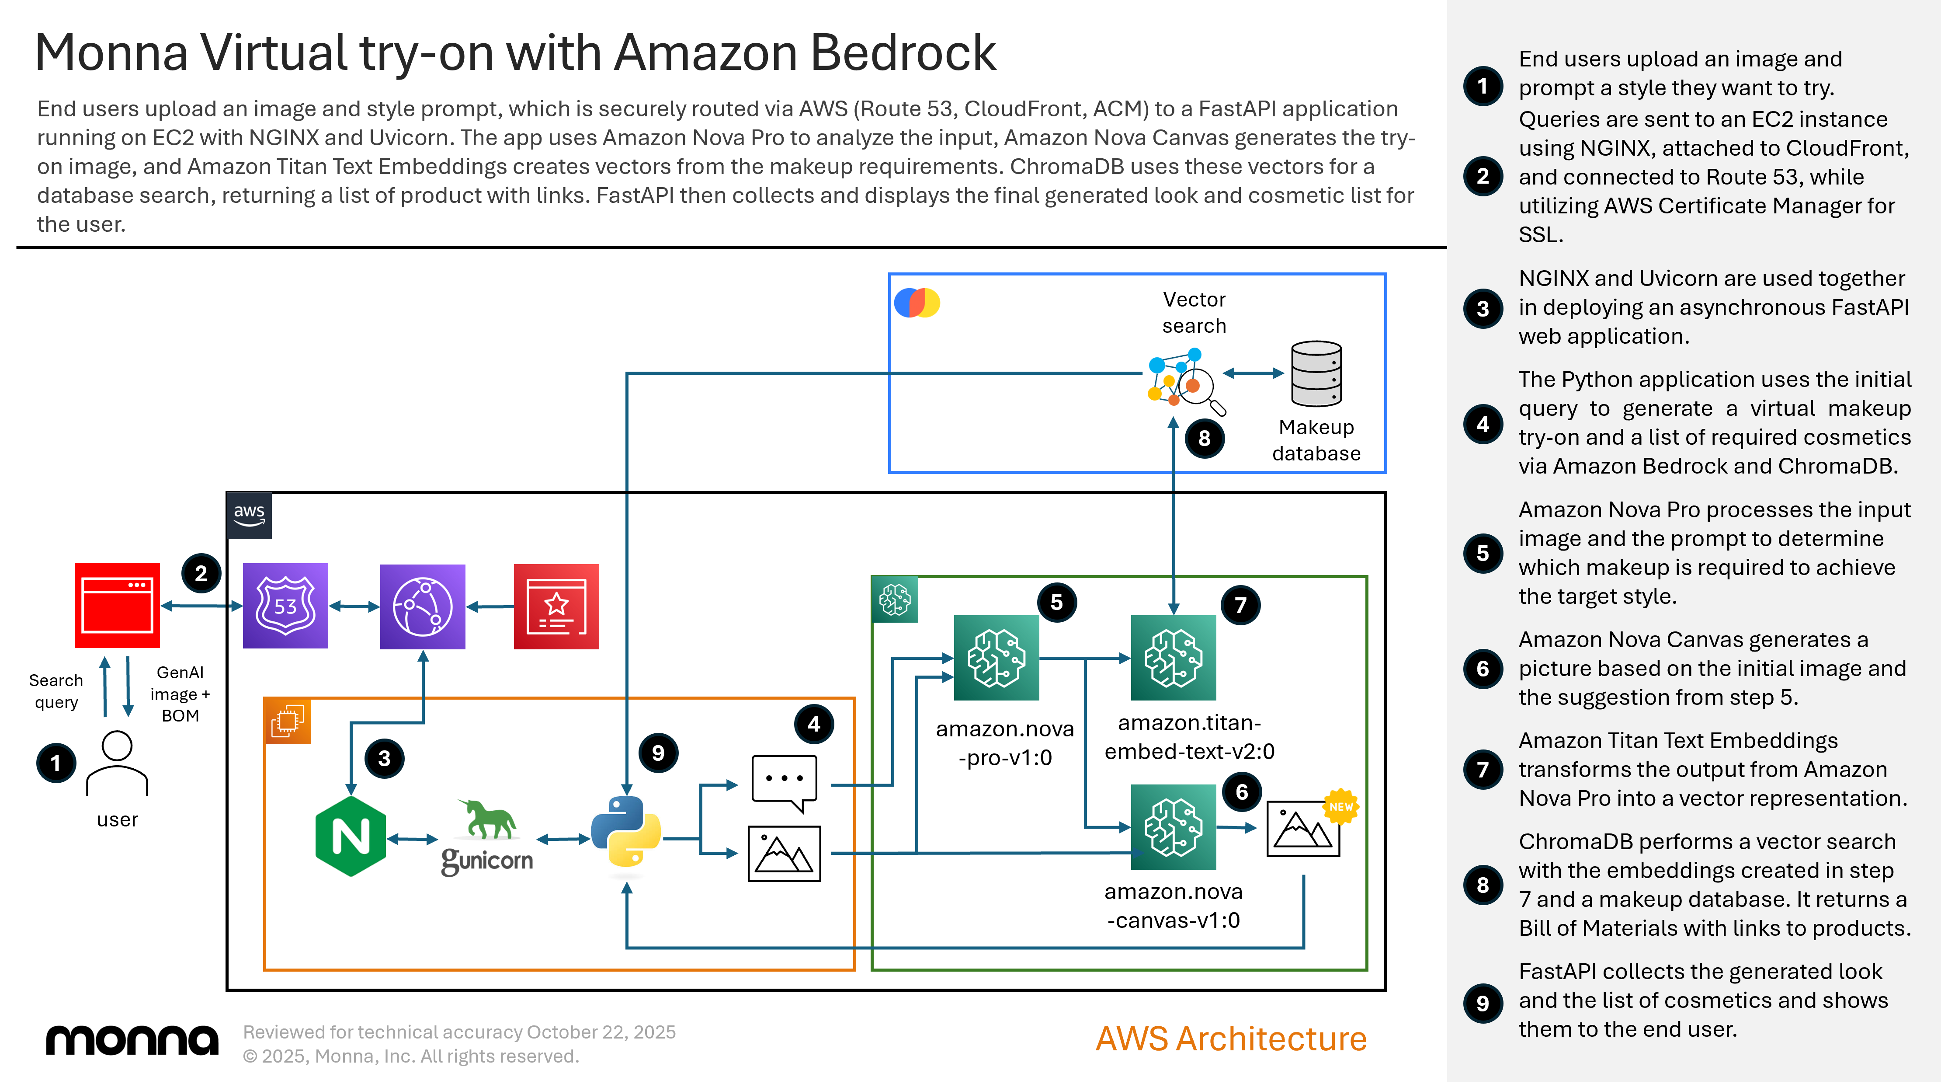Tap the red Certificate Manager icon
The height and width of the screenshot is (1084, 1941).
(x=556, y=606)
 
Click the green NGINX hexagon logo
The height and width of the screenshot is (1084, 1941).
(x=351, y=837)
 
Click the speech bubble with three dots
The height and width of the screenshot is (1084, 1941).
(x=784, y=782)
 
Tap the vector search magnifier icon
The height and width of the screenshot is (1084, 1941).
(x=1185, y=381)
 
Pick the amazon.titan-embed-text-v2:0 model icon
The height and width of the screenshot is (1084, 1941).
(x=1173, y=657)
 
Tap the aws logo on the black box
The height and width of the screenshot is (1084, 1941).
(x=249, y=515)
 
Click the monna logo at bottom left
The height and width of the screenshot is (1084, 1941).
(x=132, y=1040)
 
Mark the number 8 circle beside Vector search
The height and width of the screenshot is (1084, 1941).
(x=1204, y=438)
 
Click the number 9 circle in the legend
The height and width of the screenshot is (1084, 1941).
(x=1482, y=1003)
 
